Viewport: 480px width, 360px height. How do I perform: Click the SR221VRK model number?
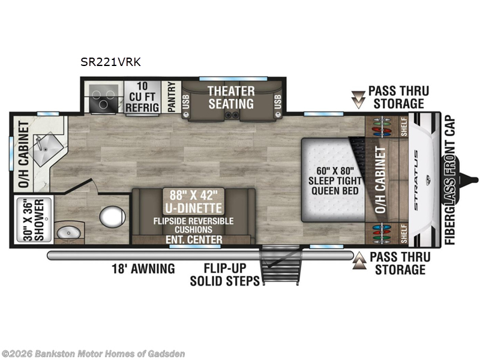pos(112,61)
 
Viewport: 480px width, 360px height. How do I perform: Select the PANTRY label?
pos(171,98)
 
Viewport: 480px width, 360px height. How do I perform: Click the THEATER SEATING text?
pos(231,97)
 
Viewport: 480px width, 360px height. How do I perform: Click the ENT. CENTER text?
pos(194,240)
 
